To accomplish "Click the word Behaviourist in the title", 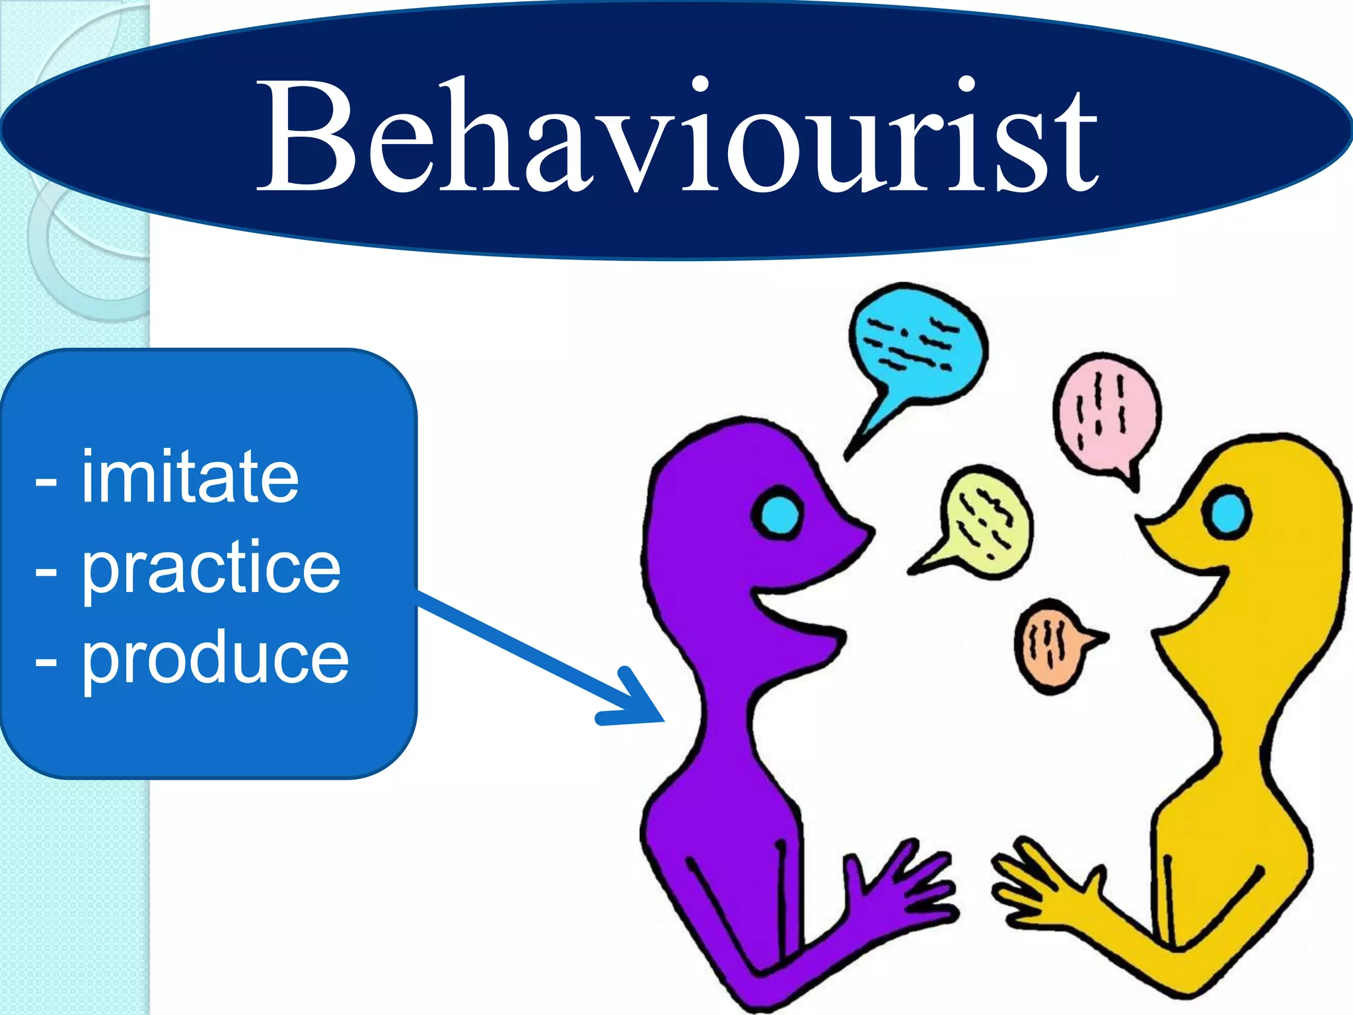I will (x=677, y=135).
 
